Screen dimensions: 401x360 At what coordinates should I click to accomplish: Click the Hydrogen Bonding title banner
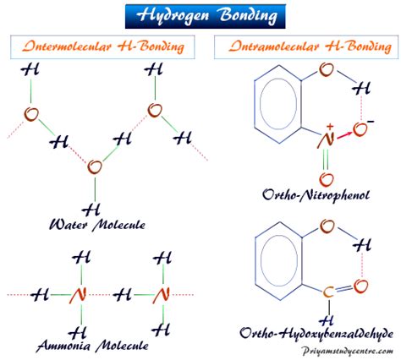click(x=206, y=16)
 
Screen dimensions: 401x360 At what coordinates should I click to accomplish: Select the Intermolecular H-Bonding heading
click(x=103, y=46)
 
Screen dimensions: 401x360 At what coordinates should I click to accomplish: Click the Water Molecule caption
click(x=97, y=225)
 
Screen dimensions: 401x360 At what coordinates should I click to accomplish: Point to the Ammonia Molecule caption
click(x=92, y=346)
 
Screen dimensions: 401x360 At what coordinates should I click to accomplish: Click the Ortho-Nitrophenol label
click(x=316, y=195)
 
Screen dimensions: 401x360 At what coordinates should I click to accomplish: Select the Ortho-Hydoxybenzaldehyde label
click(x=316, y=334)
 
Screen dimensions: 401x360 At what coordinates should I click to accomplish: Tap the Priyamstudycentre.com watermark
click(x=347, y=352)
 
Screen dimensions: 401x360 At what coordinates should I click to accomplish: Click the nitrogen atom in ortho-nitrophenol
click(x=326, y=139)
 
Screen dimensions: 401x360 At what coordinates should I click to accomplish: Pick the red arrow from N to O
click(x=343, y=135)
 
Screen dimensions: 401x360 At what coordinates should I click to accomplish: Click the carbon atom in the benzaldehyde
click(x=328, y=292)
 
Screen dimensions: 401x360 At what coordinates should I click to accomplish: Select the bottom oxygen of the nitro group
click(x=327, y=179)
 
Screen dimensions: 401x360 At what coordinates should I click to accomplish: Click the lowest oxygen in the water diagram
click(x=95, y=167)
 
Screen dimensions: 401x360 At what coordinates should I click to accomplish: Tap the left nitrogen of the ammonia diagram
click(x=78, y=295)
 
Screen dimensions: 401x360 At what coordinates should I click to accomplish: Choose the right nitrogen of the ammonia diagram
click(x=161, y=295)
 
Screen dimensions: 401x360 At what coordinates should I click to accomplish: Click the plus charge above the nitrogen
click(x=330, y=126)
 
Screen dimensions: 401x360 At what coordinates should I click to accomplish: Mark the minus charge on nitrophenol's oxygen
click(x=371, y=122)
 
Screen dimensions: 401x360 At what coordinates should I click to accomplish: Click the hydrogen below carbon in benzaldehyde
click(x=327, y=320)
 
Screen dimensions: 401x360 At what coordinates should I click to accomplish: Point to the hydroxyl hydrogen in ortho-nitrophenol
click(x=361, y=89)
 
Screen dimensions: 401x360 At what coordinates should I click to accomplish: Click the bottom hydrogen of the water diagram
click(x=91, y=209)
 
